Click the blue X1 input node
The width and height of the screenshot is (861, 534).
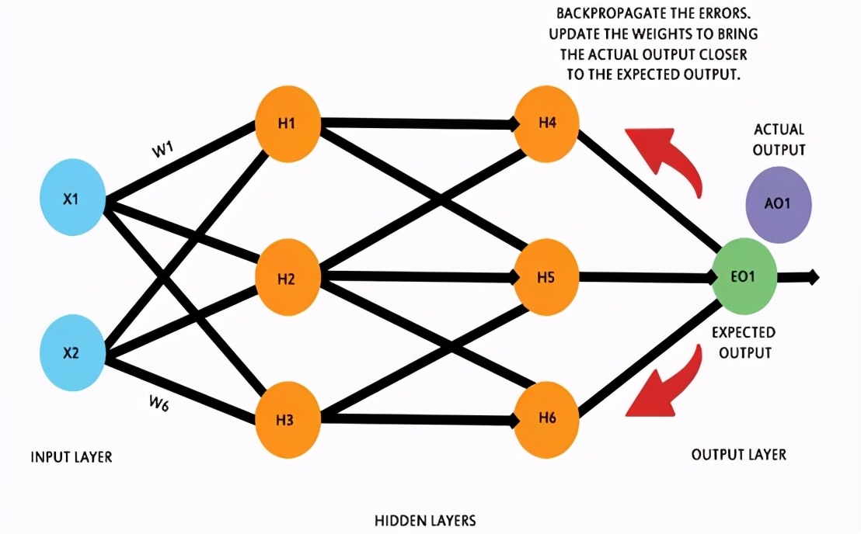[71, 199]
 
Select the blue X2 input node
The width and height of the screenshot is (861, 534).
[71, 352]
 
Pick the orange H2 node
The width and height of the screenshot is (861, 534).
[287, 278]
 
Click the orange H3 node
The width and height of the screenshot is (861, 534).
[287, 420]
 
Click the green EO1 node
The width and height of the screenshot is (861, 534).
[744, 277]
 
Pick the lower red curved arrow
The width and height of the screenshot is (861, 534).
[661, 388]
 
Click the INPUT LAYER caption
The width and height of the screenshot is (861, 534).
[71, 457]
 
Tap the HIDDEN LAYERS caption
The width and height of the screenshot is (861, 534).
[425, 520]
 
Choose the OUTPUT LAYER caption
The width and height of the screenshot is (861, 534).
[739, 454]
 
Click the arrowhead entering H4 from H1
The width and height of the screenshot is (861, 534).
[514, 123]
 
